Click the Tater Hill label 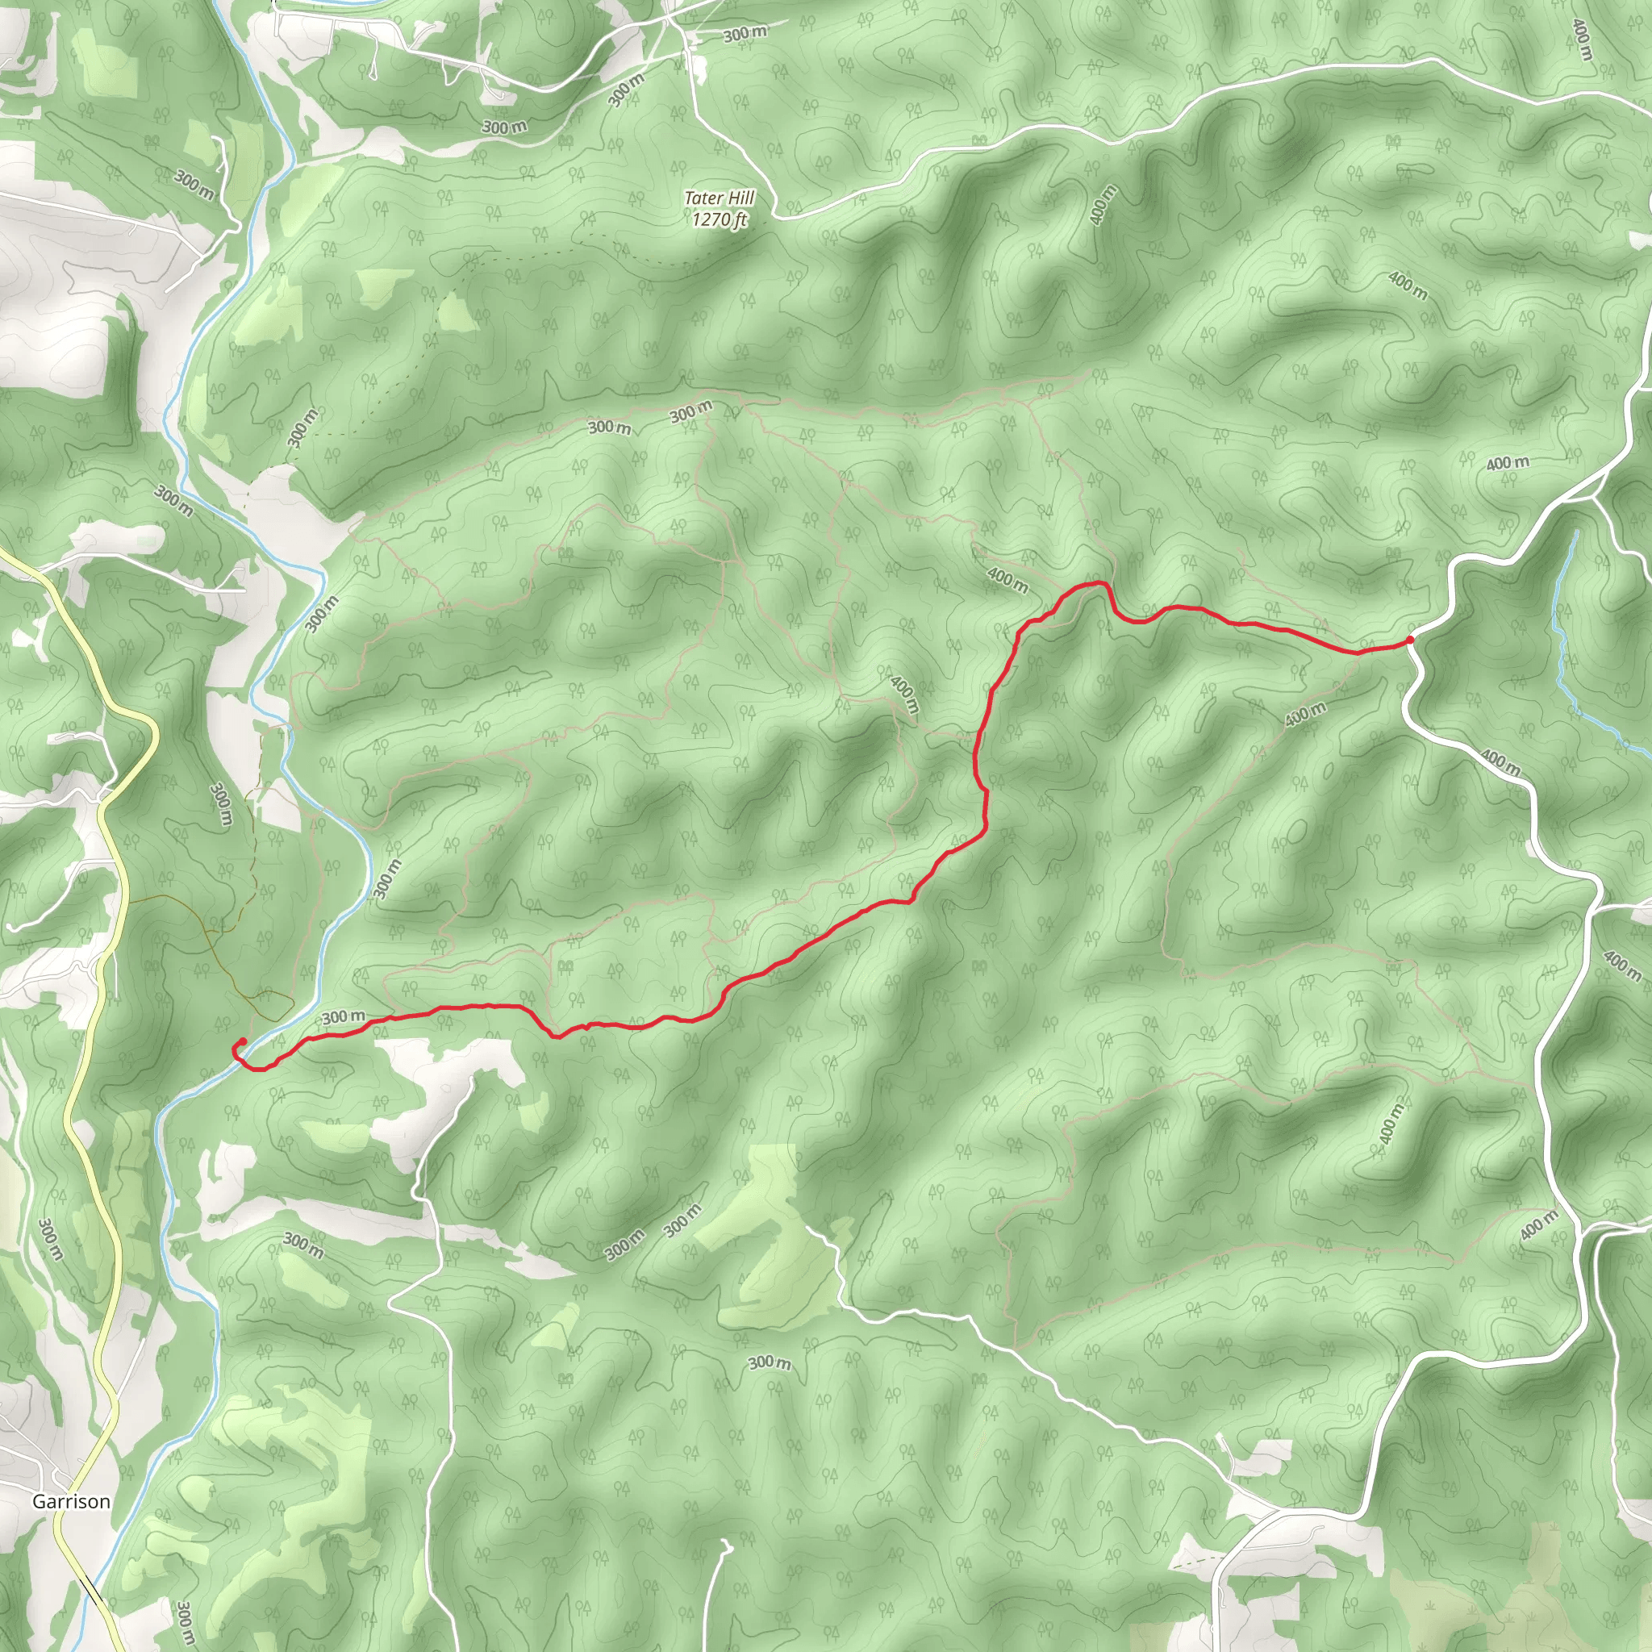tap(719, 199)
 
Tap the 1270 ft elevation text tap(719, 219)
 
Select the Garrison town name tap(71, 1500)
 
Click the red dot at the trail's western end tap(243, 1041)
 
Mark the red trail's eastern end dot tap(1409, 640)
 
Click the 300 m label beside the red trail tap(344, 1016)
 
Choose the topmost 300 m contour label tap(745, 34)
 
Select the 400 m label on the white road tap(1500, 763)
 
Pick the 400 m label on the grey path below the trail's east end tap(1305, 714)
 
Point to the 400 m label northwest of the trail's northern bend tap(1007, 580)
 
